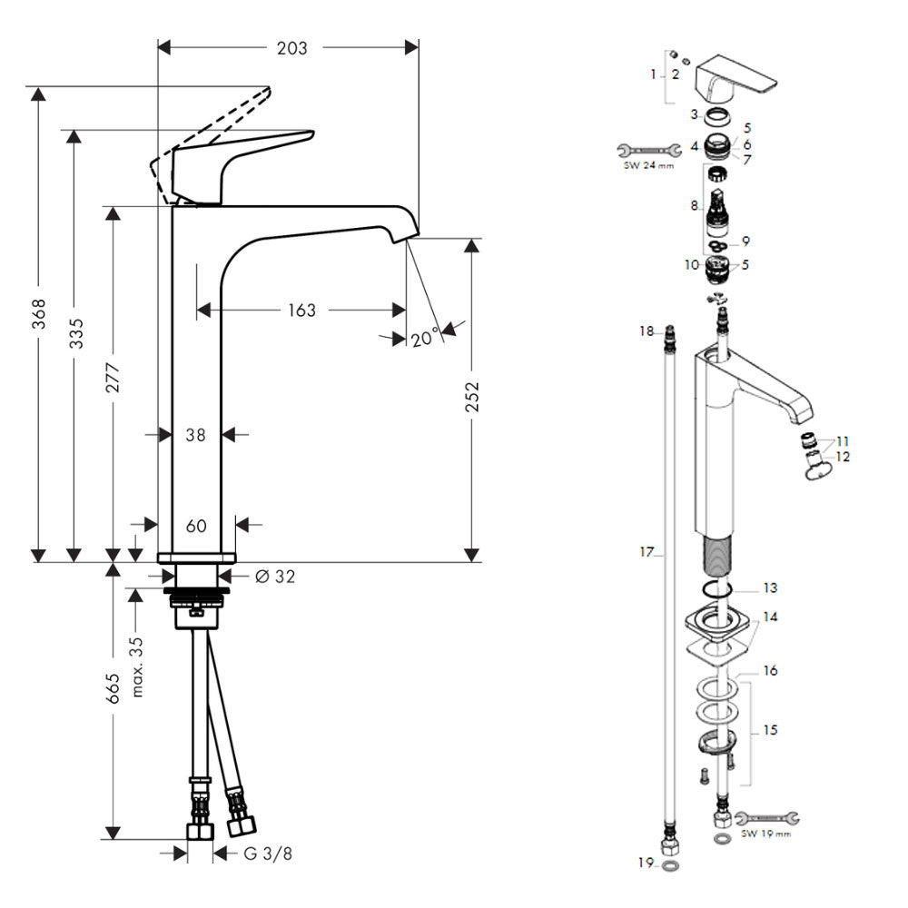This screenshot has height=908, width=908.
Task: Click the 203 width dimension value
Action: point(291,48)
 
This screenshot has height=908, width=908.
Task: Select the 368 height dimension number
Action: point(38,314)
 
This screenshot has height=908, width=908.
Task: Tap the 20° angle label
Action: point(424,337)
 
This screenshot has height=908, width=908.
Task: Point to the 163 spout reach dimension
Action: point(301,311)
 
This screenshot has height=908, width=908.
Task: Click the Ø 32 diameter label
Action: point(275,577)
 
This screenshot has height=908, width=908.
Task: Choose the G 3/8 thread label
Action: point(268,853)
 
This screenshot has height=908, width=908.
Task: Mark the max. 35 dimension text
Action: point(137,666)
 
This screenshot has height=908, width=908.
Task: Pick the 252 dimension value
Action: point(472,397)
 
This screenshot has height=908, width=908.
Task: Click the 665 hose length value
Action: point(113,688)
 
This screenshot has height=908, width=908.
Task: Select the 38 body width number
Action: point(196,435)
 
